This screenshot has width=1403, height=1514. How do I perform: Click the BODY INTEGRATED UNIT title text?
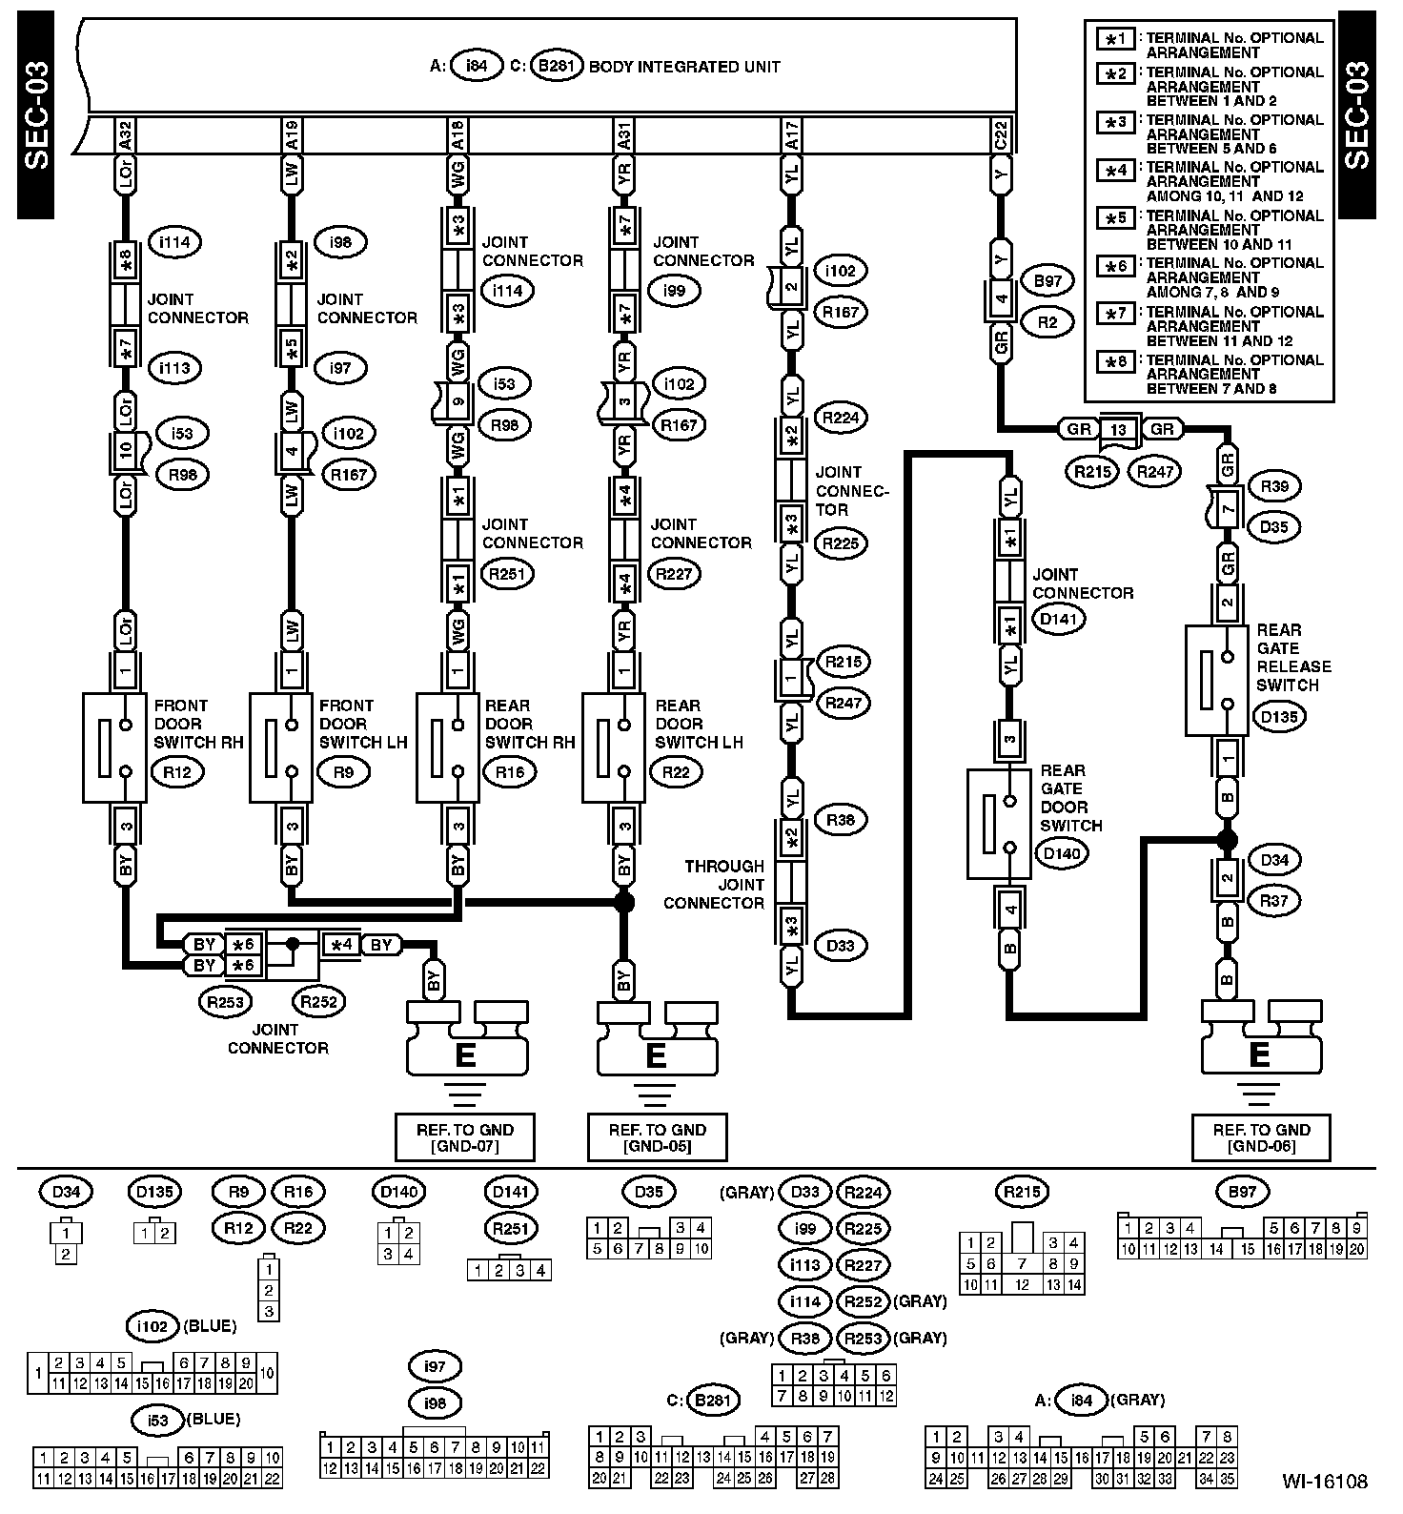coord(684,67)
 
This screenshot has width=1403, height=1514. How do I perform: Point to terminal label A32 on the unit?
coord(125,134)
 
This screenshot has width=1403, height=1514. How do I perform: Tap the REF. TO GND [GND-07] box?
coord(465,1137)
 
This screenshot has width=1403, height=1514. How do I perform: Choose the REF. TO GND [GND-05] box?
coord(658,1137)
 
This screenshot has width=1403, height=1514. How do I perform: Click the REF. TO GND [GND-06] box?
coord(1261,1137)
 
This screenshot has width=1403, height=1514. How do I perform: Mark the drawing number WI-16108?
coord(1324,1482)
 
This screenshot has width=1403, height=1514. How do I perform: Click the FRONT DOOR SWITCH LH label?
coord(347,724)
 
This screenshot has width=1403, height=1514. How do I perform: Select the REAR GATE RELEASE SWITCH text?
coord(1293,657)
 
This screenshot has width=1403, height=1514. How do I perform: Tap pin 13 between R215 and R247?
coord(1118,429)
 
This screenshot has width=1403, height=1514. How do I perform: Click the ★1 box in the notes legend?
coord(1114,39)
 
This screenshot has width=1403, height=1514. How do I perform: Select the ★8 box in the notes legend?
coord(1114,362)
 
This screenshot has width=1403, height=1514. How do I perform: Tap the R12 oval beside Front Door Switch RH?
coord(177,772)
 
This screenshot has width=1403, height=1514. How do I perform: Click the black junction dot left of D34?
coord(1227,840)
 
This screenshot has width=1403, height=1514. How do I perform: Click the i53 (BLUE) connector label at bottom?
coord(187,1421)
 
